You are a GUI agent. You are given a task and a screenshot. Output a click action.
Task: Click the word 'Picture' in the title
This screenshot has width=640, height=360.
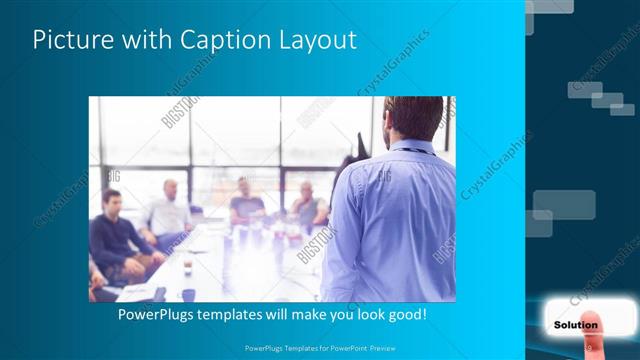70,41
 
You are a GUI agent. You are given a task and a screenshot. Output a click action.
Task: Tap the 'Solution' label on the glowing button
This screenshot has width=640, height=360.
575,325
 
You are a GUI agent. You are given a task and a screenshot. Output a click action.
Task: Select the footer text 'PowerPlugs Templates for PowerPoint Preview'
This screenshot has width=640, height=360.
319,349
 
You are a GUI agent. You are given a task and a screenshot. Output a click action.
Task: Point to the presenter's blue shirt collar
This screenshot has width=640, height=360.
412,147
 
